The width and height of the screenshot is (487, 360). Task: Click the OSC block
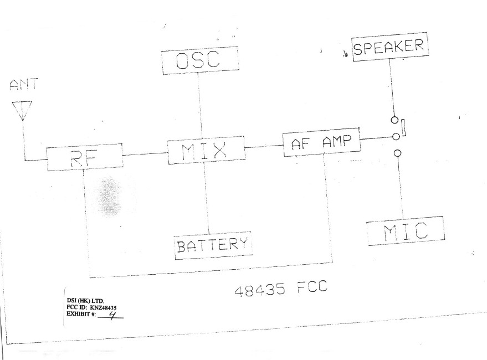coord(199,59)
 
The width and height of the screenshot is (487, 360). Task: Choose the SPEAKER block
coord(391,47)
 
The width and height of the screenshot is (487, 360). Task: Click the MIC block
coord(406,230)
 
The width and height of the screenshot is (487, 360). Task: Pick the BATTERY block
coord(213,244)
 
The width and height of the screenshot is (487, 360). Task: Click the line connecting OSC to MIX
coord(200,106)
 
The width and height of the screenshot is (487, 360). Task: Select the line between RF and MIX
coord(145,153)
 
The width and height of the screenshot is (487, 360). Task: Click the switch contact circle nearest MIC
coord(396,153)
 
